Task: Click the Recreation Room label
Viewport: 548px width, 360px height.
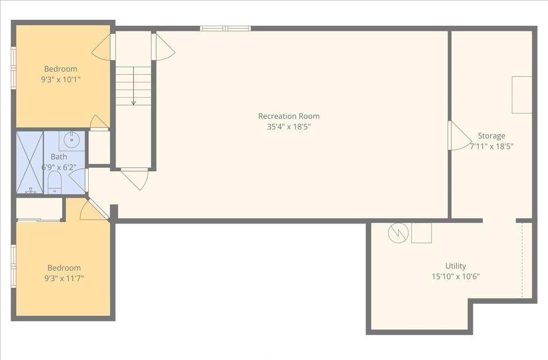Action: [288, 116]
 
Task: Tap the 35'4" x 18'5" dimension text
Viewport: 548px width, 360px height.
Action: [288, 127]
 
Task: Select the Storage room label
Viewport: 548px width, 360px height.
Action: [491, 136]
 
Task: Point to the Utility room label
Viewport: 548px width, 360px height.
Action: [455, 266]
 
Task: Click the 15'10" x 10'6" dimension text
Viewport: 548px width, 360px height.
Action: [455, 277]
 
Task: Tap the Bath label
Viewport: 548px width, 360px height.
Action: [59, 157]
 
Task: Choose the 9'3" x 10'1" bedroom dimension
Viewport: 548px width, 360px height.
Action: [60, 80]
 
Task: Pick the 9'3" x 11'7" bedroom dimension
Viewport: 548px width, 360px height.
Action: [64, 279]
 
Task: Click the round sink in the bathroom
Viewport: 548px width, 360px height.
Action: [71, 140]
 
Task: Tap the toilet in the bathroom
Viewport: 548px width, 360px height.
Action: [55, 182]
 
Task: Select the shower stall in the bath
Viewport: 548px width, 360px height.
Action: [29, 162]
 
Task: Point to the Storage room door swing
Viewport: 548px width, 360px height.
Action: [459, 135]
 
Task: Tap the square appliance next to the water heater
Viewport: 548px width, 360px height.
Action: [421, 233]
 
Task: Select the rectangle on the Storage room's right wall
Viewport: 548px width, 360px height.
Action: [522, 95]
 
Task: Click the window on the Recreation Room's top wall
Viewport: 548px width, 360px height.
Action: [225, 28]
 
